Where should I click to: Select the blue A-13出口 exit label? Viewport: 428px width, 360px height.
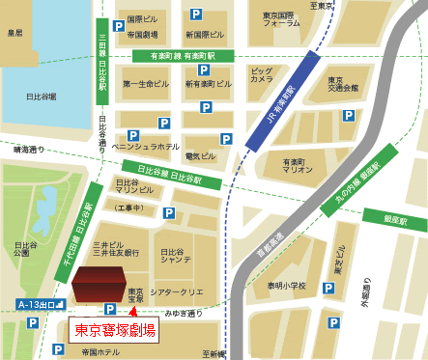40,305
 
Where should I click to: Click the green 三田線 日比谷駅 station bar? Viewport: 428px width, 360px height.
101,63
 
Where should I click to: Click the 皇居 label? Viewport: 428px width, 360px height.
14,31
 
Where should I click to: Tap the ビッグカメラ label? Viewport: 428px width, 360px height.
262,76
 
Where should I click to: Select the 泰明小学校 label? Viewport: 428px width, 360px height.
288,287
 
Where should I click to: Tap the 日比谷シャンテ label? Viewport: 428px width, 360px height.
175,254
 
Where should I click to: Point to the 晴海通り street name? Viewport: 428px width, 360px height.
29,150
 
